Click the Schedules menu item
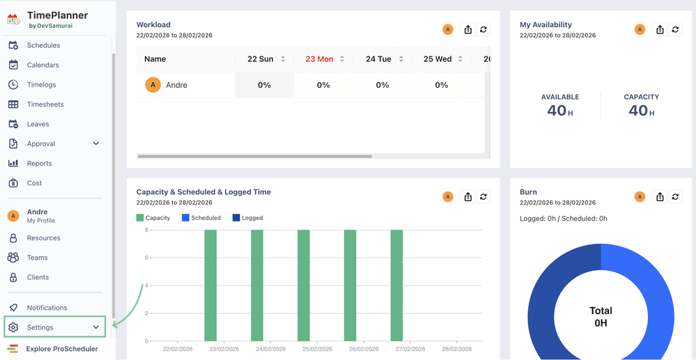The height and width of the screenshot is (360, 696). tap(43, 45)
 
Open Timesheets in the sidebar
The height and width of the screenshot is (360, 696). tap(45, 104)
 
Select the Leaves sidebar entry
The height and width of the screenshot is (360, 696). tap(38, 124)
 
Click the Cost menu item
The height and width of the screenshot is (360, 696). tap(34, 183)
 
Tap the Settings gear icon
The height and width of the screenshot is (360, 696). tap(13, 327)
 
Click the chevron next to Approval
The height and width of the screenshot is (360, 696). tap(96, 143)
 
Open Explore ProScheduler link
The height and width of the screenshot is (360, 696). tap(61, 349)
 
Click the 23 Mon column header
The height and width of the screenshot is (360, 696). tap(320, 59)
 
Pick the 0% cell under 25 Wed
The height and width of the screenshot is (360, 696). tap(441, 85)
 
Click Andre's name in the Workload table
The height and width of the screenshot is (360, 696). tap(176, 85)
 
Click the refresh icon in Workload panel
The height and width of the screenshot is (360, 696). tap(484, 29)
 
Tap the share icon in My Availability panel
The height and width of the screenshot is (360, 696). tap(660, 29)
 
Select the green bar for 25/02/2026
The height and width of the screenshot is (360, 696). tap(303, 285)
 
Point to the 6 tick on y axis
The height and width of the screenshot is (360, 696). tap(146, 258)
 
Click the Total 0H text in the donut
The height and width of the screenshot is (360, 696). tap(601, 317)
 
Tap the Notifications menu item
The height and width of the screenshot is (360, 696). tap(47, 308)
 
